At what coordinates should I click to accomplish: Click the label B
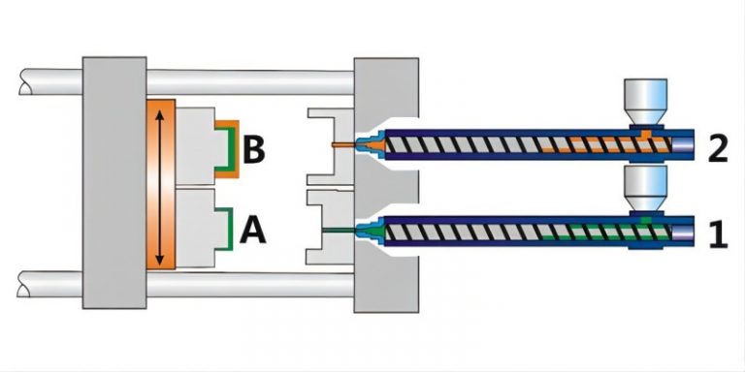tap(254, 151)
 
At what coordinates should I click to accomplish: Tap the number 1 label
tap(717, 233)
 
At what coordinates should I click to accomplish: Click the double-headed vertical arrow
tap(160, 185)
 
